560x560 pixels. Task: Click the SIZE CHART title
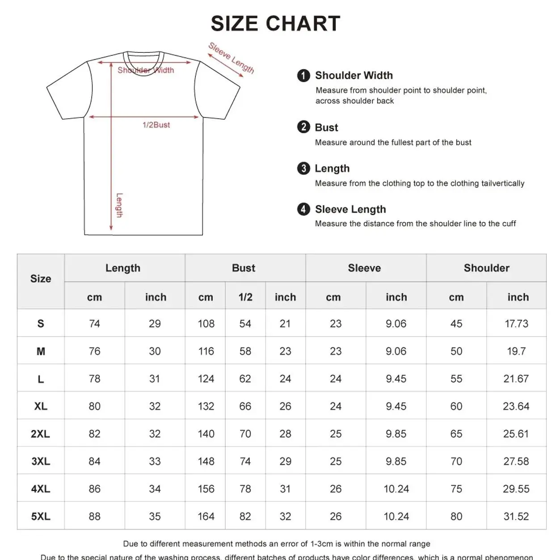275,24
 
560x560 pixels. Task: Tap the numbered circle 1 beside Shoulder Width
303,76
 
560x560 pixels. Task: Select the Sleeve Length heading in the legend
350,209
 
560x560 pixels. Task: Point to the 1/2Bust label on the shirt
156,125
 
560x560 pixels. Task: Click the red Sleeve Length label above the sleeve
231,58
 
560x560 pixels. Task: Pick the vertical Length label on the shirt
119,205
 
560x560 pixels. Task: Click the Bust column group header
244,268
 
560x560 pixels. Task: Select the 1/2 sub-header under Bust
245,297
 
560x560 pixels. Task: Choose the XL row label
41,406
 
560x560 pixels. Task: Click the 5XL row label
41,517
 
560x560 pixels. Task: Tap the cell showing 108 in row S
206,324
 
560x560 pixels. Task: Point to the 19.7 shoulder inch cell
516,351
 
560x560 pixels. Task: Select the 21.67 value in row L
516,379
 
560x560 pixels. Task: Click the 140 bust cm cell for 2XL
206,434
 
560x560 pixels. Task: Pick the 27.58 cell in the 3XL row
516,461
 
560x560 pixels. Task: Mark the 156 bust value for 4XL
206,489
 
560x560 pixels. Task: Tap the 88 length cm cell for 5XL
94,517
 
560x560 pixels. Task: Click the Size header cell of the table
41,279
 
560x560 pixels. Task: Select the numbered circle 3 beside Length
303,168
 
